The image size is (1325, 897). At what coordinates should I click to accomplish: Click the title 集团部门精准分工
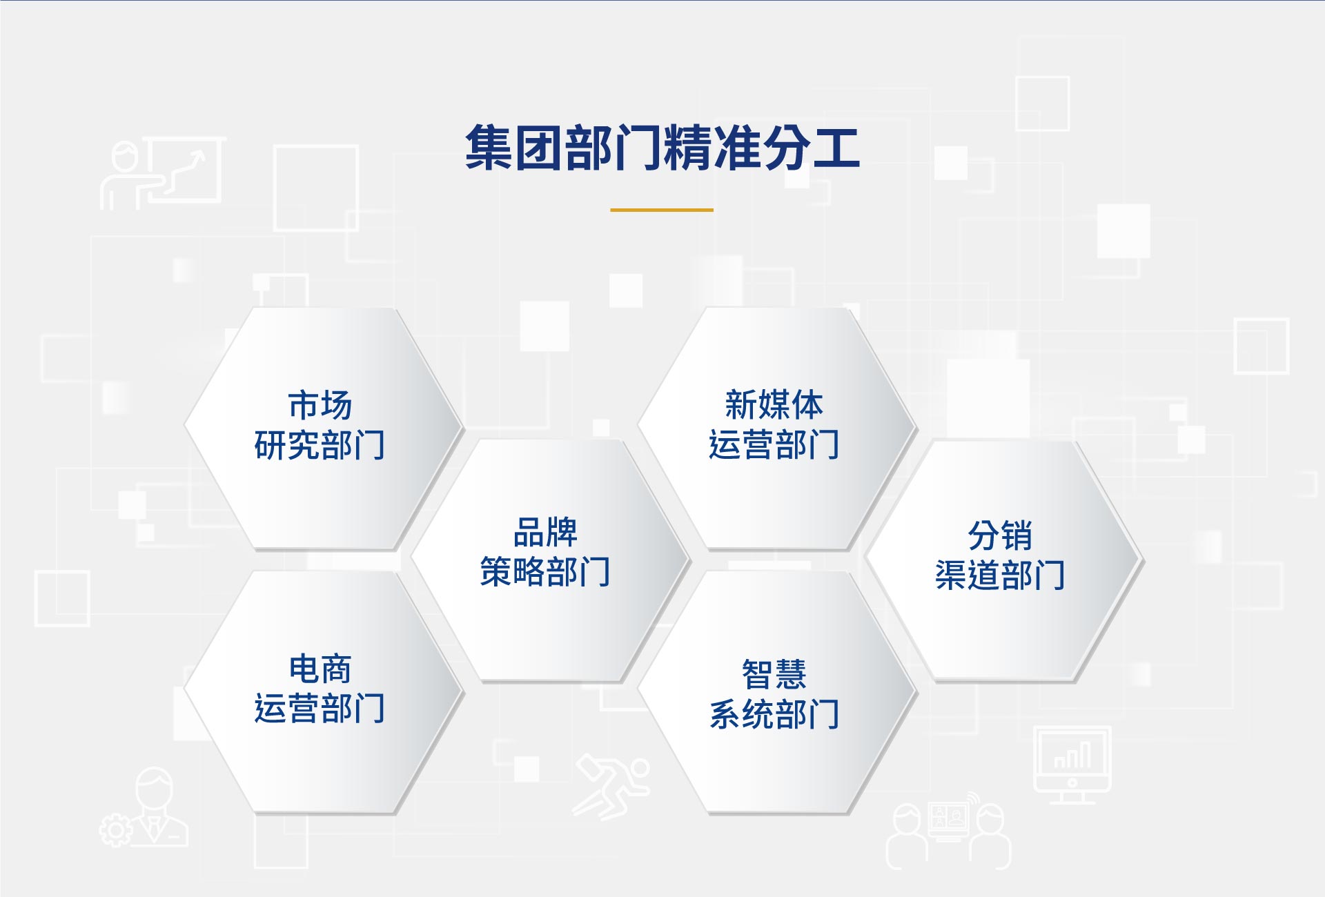(662, 147)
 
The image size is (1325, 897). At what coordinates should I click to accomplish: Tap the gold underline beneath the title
(662, 210)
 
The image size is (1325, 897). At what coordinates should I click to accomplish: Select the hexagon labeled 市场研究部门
(323, 428)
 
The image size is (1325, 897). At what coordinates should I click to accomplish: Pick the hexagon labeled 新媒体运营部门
(777, 428)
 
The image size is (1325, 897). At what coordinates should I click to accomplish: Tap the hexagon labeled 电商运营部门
(323, 692)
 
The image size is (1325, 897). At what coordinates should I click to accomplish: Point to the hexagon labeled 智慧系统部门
(777, 692)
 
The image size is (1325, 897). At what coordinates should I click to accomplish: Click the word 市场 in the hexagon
(320, 405)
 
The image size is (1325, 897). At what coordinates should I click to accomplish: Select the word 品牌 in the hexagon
(546, 532)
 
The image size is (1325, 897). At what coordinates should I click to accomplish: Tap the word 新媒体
(774, 405)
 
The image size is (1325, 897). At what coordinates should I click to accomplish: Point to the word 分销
(1000, 535)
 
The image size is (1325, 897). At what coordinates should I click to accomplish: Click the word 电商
(320, 669)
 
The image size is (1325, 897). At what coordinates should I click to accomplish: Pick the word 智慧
(774, 674)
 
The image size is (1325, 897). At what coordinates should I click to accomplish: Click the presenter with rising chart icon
(163, 172)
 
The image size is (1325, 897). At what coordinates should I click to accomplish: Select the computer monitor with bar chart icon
(1072, 765)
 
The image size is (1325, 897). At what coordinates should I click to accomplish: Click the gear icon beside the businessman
(116, 830)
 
